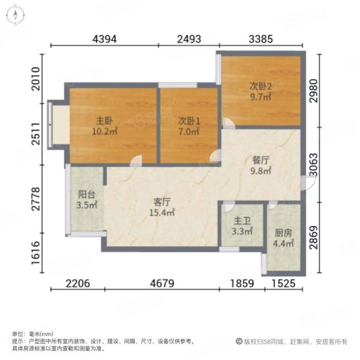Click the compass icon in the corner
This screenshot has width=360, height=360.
coord(15,16)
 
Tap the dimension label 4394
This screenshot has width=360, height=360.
coord(104,39)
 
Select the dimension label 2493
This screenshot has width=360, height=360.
coord(189,39)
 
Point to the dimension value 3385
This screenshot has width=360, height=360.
coord(261,39)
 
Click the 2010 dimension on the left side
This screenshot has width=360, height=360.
coord(36,79)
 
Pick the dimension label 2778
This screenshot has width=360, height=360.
coord(36,199)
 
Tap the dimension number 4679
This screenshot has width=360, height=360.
coord(162,283)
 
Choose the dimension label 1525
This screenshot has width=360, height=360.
coord(284,283)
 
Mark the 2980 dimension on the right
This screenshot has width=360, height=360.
coord(313,91)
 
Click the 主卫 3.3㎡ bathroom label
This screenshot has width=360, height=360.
coord(242,226)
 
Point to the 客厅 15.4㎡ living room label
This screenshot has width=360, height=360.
coord(162,208)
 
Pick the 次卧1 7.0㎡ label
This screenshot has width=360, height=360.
coord(189,126)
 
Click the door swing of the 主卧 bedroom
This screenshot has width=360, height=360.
coord(136,160)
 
